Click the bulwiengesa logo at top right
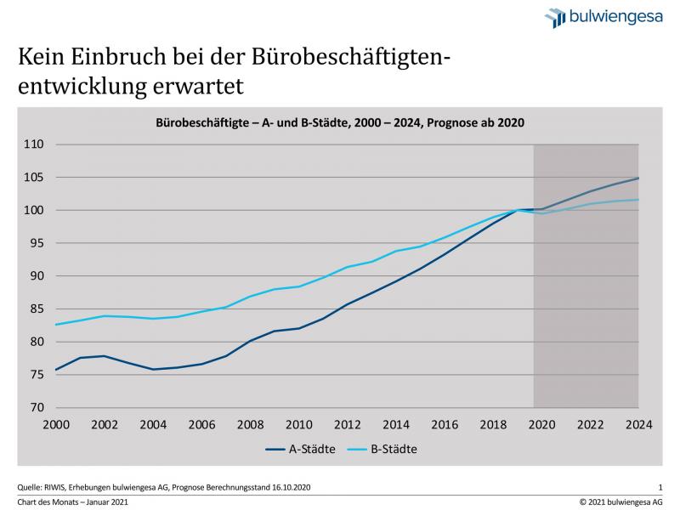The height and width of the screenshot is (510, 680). click(603, 18)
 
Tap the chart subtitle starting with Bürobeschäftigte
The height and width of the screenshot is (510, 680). click(340, 122)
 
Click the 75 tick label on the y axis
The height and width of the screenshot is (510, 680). click(35, 375)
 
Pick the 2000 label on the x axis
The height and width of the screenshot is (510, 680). click(55, 424)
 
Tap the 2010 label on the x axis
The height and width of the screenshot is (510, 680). click(298, 424)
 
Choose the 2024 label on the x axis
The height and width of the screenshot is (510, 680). click(638, 424)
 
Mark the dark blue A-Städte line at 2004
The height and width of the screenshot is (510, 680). click(153, 370)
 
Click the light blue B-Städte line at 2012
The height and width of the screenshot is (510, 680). click(347, 267)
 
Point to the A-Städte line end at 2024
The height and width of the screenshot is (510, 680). click(638, 178)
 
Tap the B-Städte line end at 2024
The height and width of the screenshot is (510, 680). click(638, 200)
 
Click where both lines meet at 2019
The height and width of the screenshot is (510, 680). click(518, 210)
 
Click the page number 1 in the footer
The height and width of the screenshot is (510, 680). click(660, 486)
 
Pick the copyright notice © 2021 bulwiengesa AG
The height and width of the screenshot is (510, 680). click(621, 501)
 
